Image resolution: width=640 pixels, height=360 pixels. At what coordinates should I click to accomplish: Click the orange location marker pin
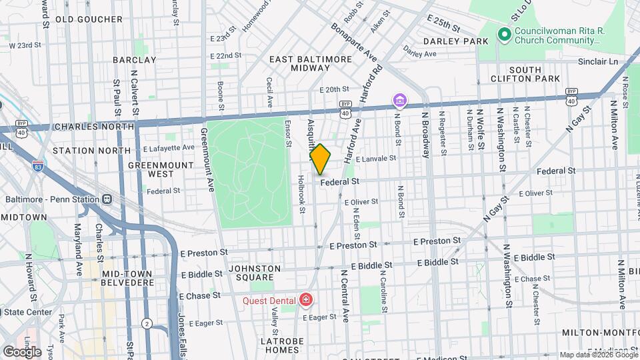[320, 159]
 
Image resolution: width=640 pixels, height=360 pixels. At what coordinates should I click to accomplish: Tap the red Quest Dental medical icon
[306, 300]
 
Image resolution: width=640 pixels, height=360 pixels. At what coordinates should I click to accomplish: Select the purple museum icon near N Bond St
[399, 101]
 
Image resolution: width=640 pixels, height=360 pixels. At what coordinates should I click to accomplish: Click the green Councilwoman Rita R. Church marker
[505, 34]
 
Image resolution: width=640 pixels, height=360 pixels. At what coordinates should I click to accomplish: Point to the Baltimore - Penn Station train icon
[107, 199]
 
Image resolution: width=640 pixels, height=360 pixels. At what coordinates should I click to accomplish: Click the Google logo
[21, 351]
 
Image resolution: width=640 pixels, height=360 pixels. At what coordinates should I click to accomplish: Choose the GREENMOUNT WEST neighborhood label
[151, 169]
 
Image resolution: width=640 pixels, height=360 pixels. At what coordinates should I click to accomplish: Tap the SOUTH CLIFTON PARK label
[535, 74]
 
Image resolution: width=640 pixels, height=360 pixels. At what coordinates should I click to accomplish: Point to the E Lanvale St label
[376, 159]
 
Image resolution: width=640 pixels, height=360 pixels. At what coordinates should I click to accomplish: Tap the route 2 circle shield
[146, 323]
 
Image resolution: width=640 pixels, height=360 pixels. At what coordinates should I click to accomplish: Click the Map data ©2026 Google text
[599, 355]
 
